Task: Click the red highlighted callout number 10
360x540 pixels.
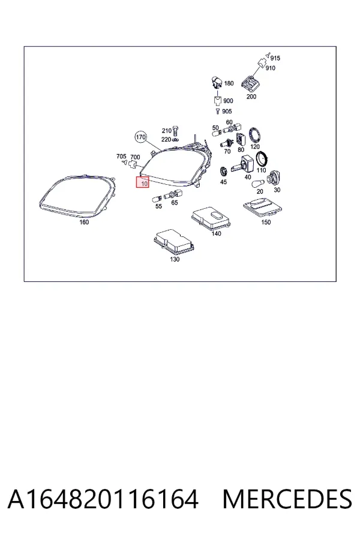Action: [x=143, y=182]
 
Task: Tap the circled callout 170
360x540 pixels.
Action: [x=140, y=137]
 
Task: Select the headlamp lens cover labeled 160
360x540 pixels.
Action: [x=77, y=196]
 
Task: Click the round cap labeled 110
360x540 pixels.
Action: [x=262, y=158]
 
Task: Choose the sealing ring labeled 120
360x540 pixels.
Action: [x=254, y=134]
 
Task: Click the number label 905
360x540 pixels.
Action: [x=227, y=111]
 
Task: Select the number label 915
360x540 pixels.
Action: [x=275, y=58]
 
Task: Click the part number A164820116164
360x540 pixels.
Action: [x=103, y=499]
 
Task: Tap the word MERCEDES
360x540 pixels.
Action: [x=287, y=499]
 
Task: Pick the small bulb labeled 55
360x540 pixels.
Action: [x=157, y=199]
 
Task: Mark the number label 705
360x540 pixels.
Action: [x=121, y=157]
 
